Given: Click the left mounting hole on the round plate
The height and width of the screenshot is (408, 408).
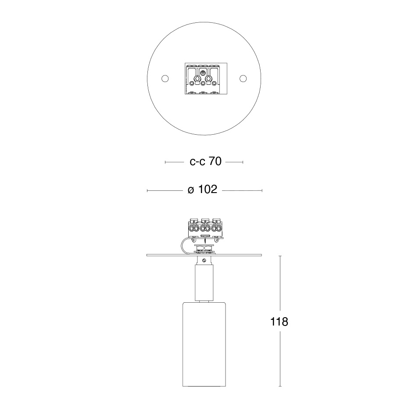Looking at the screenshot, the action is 165,79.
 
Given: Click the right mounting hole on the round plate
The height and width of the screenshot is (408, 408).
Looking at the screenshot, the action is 243,79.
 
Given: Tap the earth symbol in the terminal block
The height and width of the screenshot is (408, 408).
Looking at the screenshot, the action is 202,73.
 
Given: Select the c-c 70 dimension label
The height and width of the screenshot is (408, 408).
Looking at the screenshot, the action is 206,161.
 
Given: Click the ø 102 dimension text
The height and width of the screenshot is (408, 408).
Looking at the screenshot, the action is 202,190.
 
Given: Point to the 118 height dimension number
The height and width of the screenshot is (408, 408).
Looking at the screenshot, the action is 279,322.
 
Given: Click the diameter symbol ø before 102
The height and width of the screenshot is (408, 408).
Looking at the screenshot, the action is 191,190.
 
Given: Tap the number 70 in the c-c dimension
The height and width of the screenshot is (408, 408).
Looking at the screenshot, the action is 215,161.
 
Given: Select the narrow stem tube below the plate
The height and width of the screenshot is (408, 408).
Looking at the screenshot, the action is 204,283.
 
